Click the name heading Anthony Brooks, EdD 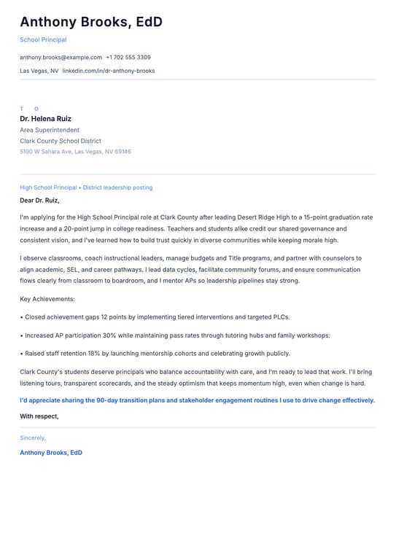click(91, 23)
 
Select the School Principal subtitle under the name click(43, 40)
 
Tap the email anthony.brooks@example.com click(61, 57)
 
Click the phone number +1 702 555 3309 click(128, 57)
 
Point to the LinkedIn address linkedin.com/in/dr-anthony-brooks click(109, 71)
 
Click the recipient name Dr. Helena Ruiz click(45, 119)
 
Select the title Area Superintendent click(50, 130)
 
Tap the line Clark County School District click(61, 141)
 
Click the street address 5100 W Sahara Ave click(46, 152)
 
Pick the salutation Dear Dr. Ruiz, click(39, 200)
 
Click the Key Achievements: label click(47, 299)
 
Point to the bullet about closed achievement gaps click(155, 317)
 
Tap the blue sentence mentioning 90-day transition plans click(197, 400)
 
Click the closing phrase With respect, click(39, 416)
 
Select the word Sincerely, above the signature click(33, 437)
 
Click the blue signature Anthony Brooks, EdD click(51, 453)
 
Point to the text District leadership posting click(117, 187)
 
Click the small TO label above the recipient click(29, 109)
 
